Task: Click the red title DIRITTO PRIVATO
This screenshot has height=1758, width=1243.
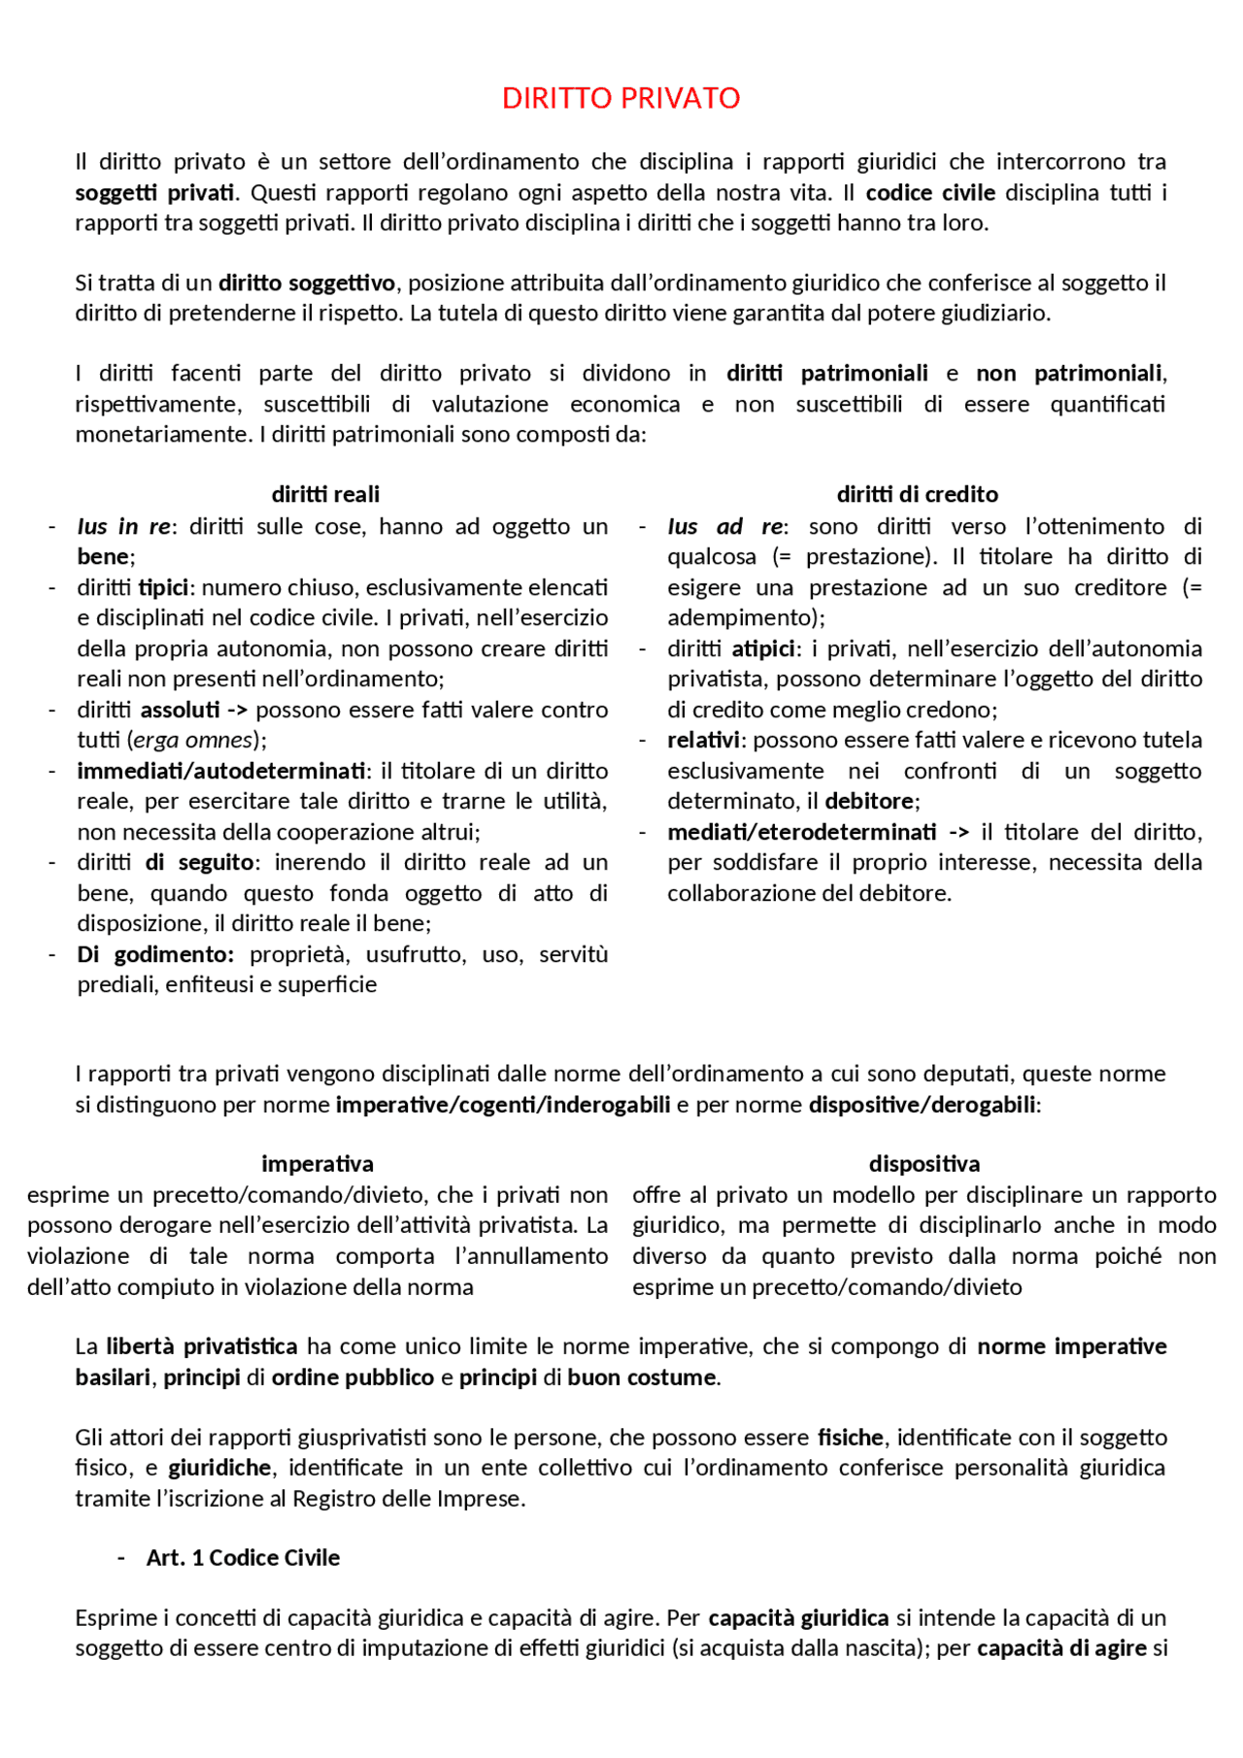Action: tap(621, 98)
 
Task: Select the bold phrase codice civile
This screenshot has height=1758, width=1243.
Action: tap(929, 192)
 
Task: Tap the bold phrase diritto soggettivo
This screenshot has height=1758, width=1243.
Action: tap(307, 282)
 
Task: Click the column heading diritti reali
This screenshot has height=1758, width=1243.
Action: tap(325, 494)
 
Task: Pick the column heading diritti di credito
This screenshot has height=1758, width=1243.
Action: tap(917, 494)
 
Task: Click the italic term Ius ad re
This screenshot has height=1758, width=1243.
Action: tap(724, 526)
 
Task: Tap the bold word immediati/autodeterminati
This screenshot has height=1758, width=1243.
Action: tap(221, 771)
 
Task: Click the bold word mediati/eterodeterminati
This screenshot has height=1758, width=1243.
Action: tap(801, 832)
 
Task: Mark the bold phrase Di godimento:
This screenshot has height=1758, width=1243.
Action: tap(155, 954)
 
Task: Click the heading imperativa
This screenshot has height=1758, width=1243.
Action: tap(318, 1164)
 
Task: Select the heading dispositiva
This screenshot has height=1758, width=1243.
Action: tap(924, 1164)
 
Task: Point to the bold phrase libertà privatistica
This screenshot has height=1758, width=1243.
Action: tap(202, 1346)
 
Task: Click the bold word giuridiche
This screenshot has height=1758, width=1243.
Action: tap(219, 1468)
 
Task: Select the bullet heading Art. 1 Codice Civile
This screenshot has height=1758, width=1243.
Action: tap(243, 1558)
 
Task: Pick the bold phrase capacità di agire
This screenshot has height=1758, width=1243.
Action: tap(1062, 1648)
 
